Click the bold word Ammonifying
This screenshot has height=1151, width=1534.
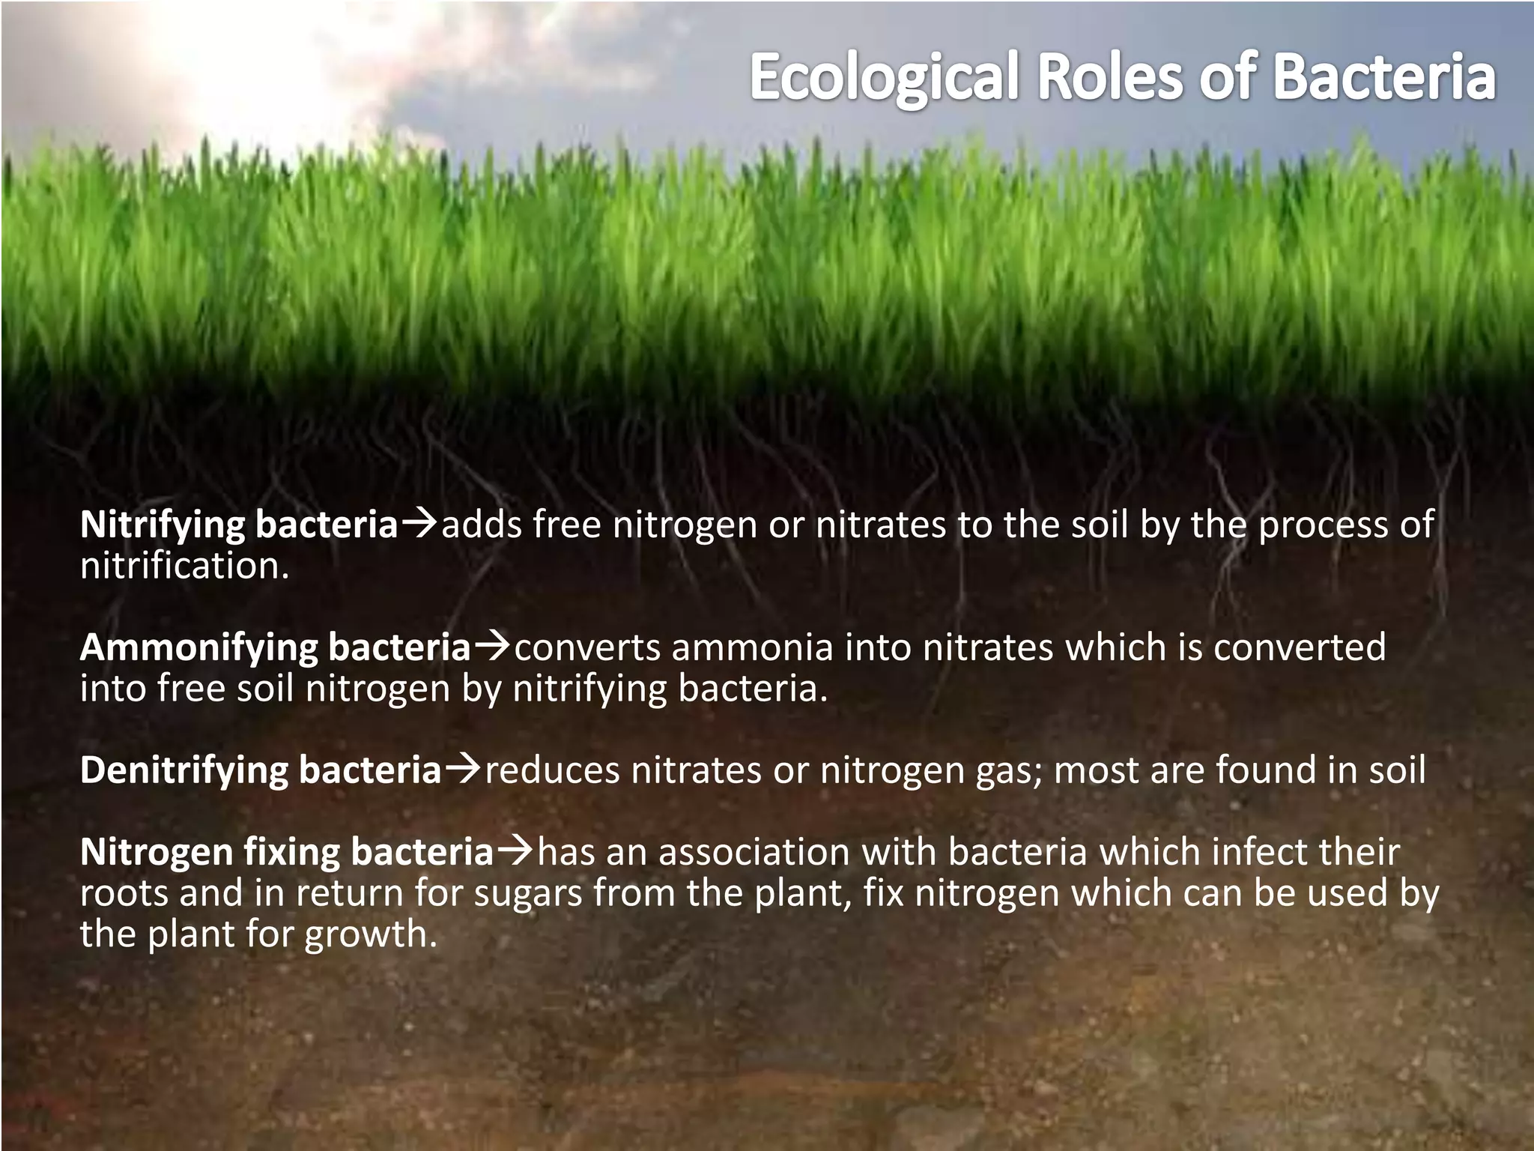198,647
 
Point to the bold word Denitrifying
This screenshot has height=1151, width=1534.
184,770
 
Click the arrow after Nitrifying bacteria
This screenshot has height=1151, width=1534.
419,523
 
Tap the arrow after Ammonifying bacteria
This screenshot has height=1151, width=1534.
492,645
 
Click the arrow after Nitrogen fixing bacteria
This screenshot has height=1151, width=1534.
515,851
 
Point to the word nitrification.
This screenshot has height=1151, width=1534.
184,566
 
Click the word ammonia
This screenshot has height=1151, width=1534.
752,647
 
